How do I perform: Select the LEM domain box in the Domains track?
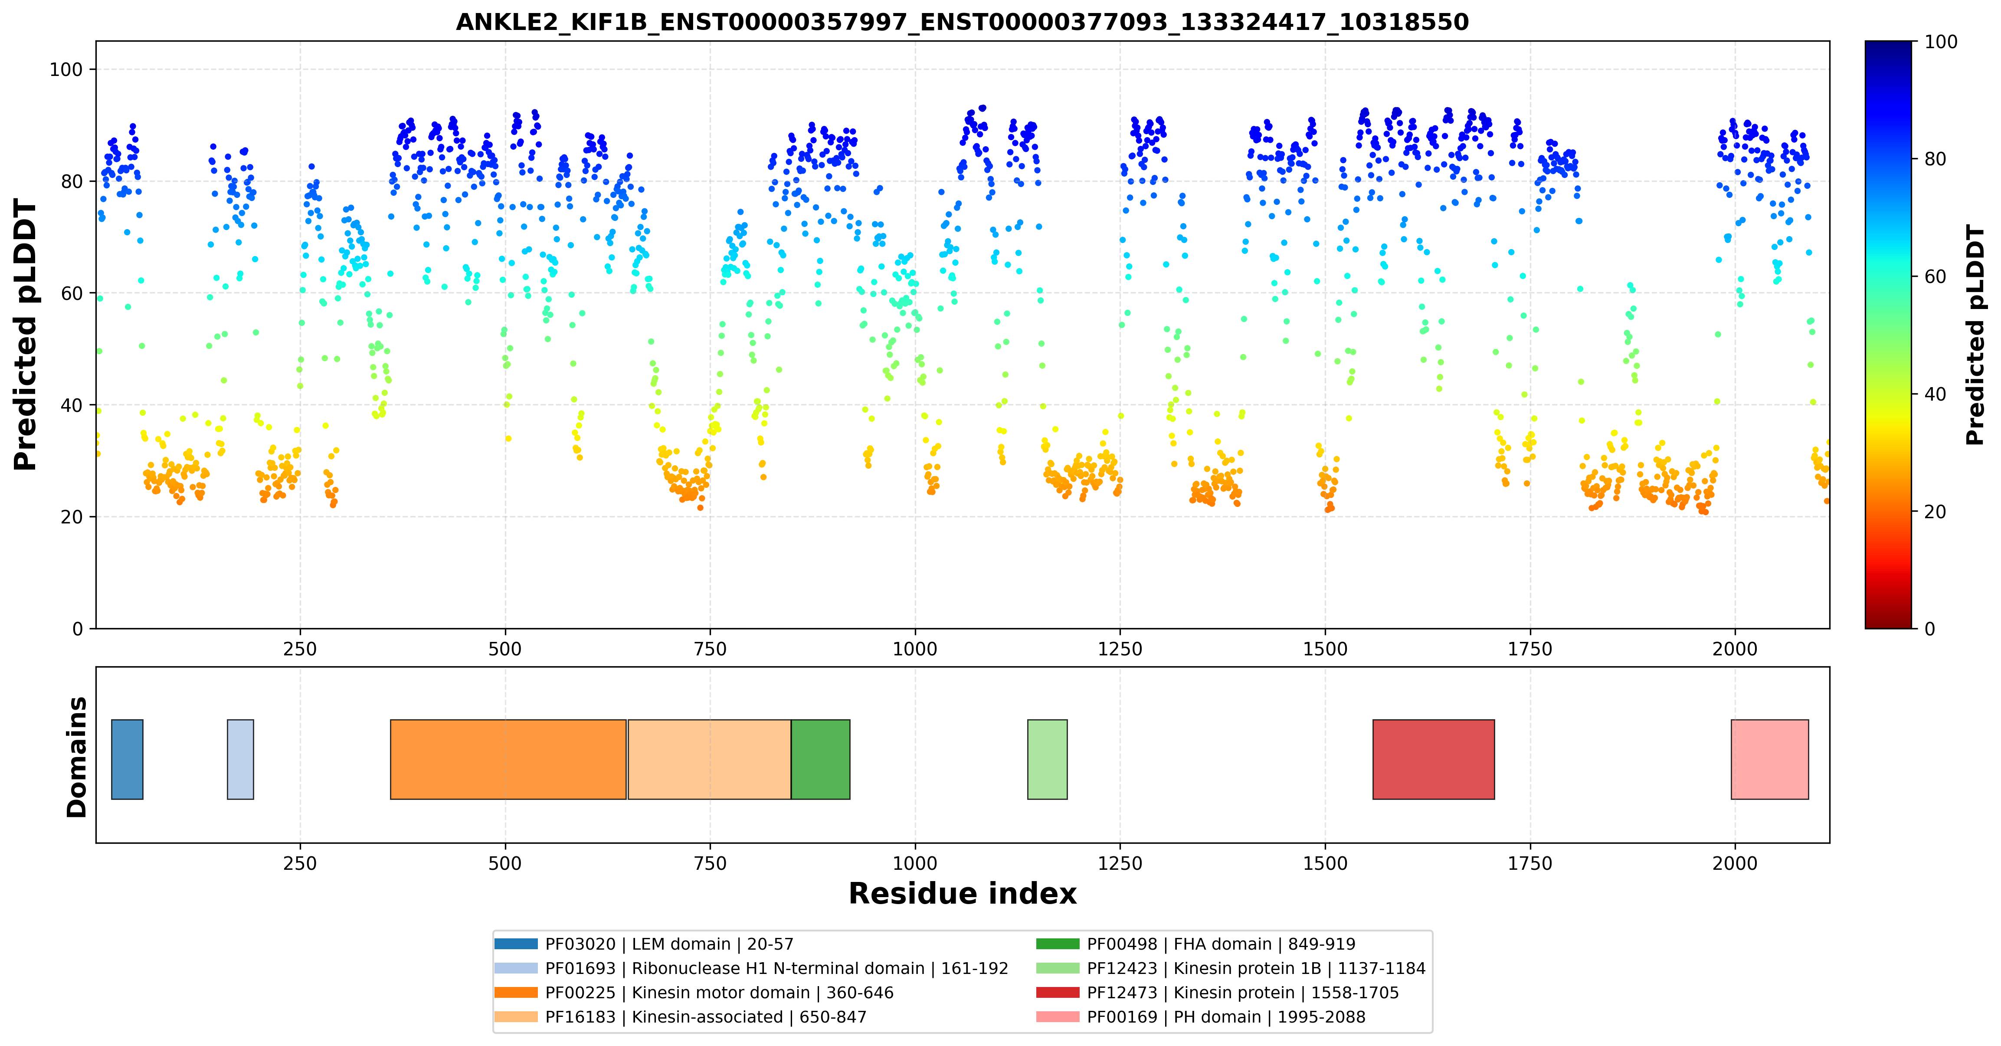(128, 759)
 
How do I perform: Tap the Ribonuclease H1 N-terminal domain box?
(240, 759)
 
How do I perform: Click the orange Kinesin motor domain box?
(508, 759)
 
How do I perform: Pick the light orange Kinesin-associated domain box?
(709, 759)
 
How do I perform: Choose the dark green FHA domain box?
(820, 759)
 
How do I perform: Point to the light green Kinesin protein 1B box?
(1047, 759)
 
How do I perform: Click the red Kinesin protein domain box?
(1433, 759)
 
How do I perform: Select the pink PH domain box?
(1769, 759)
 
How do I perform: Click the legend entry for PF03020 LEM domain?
(644, 944)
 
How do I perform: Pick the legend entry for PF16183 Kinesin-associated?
(681, 1017)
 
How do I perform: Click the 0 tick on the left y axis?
(78, 629)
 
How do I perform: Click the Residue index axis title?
(963, 894)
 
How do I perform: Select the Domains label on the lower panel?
(77, 757)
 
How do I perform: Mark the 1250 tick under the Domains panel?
(1120, 863)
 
